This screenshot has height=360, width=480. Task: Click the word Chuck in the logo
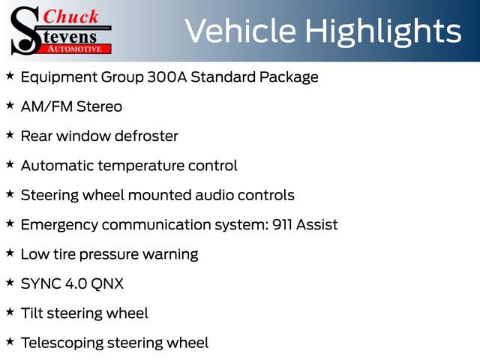[70, 16]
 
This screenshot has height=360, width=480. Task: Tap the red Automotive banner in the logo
[75, 49]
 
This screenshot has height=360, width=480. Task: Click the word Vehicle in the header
[241, 31]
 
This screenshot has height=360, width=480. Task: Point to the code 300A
[167, 76]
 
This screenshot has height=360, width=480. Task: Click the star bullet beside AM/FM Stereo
[10, 105]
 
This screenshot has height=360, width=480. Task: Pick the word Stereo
[99, 106]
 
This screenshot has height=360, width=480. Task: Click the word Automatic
[58, 166]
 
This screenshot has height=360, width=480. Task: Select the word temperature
[142, 166]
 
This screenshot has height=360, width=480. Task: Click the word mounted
[160, 195]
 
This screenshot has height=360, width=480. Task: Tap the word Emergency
[59, 226]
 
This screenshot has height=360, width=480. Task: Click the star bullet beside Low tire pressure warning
[10, 253]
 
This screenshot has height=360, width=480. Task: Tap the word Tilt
[31, 313]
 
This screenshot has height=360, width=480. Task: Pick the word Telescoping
[62, 343]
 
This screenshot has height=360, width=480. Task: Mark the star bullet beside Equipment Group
[10, 76]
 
